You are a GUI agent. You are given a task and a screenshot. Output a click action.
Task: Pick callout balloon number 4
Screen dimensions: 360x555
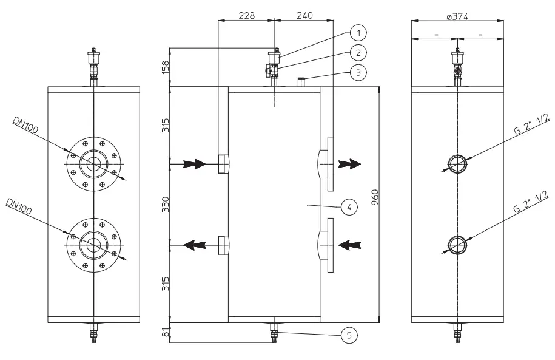348,208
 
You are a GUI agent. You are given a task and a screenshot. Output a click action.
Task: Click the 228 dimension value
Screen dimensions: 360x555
246,15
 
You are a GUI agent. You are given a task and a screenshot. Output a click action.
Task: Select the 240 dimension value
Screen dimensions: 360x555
304,15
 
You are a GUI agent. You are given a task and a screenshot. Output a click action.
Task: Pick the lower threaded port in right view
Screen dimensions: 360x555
457,245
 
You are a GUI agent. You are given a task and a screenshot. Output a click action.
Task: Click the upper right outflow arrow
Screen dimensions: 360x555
350,164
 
